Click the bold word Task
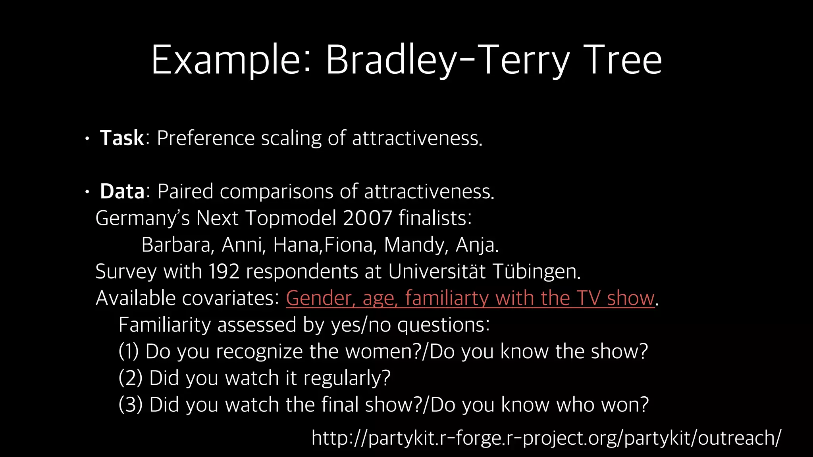coord(122,138)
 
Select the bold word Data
coord(122,192)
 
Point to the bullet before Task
coord(87,139)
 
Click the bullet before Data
coord(87,193)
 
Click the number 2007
coord(367,218)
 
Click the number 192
coord(224,272)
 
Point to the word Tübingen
coord(536,272)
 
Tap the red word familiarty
coord(447,298)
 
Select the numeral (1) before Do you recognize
coord(129,352)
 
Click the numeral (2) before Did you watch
coord(130,378)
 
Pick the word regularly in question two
coord(347,378)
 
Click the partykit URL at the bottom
coord(546,438)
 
